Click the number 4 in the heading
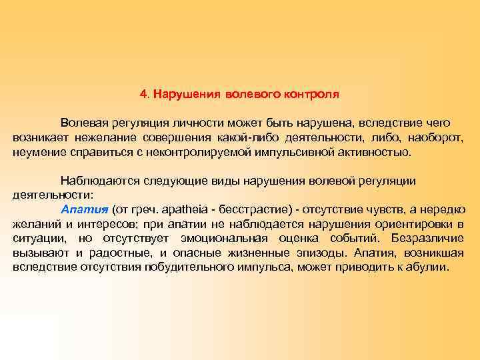point(143,94)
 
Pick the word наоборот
point(434,137)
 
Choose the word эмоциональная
point(224,238)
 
